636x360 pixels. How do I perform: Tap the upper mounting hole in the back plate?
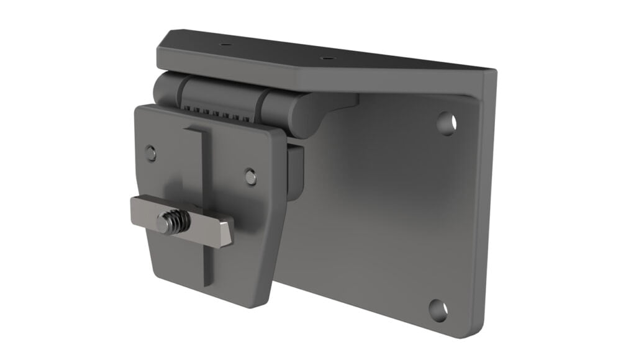(446, 123)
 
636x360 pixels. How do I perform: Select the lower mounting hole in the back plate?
(438, 308)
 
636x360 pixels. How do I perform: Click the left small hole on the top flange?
(225, 45)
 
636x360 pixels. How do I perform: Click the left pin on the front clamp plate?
(150, 153)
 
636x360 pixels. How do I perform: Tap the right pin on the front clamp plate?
(250, 176)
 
